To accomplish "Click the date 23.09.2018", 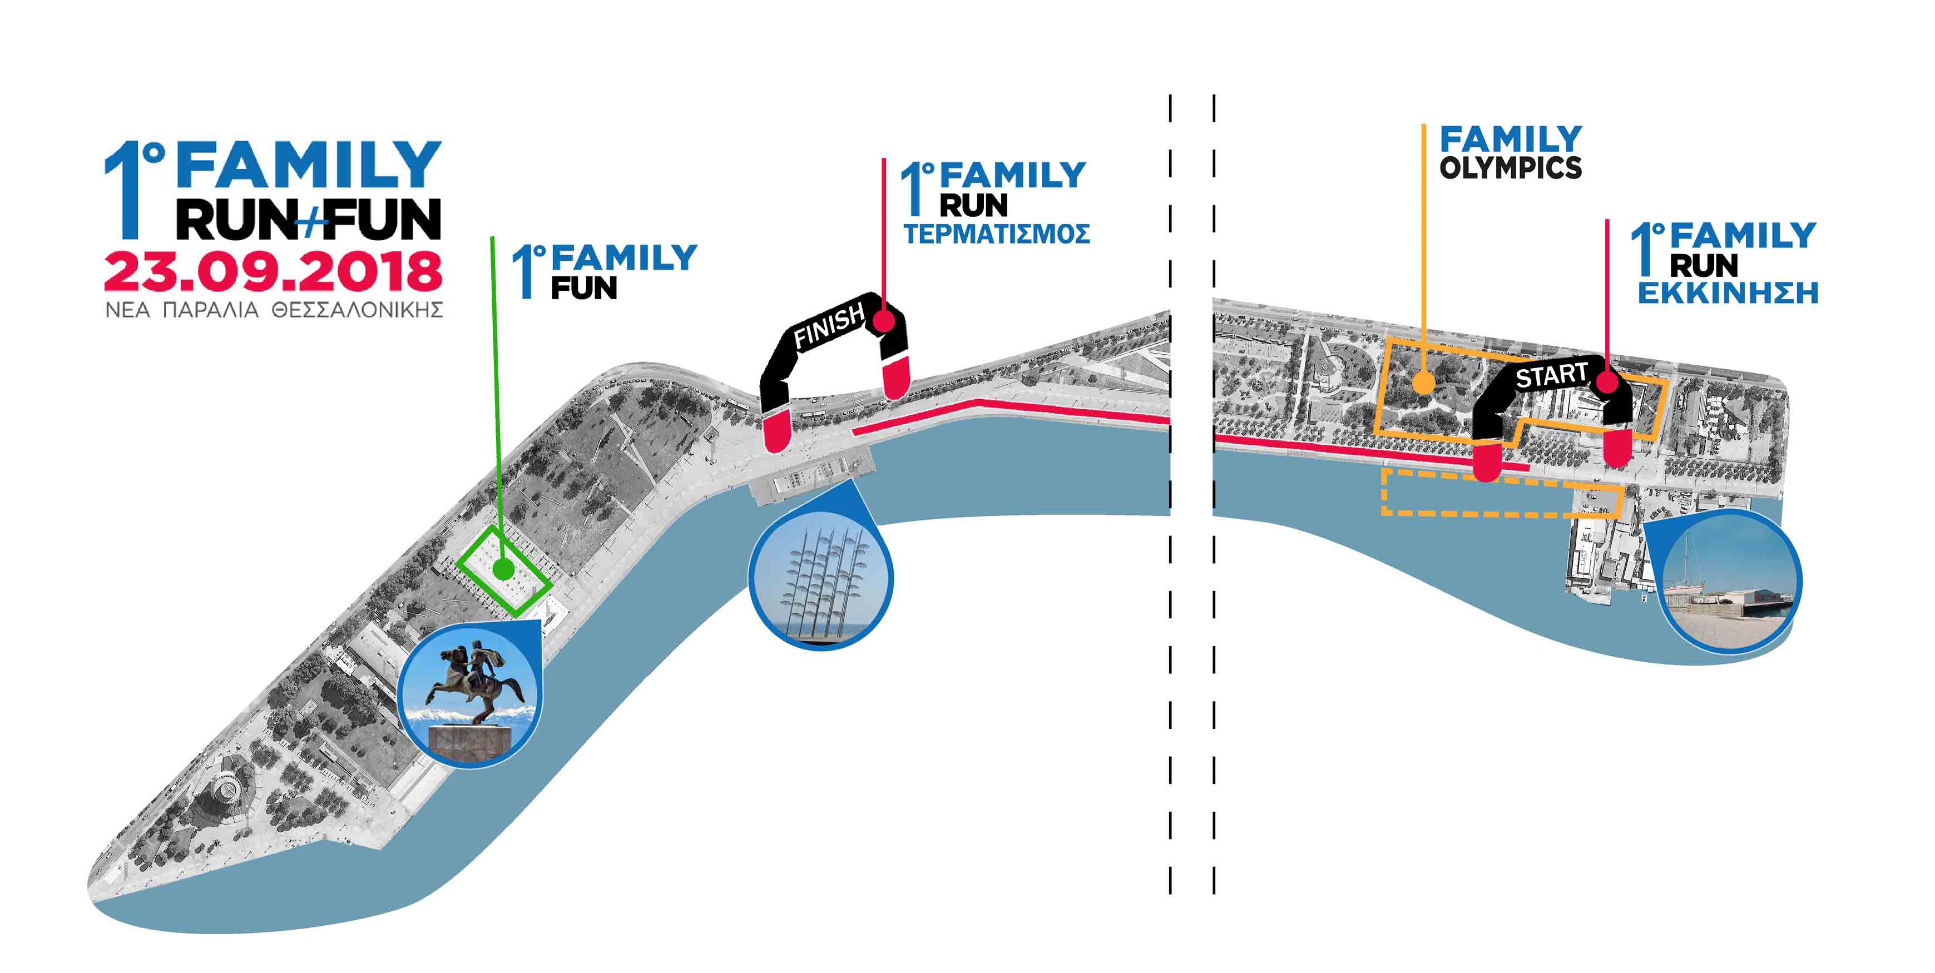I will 273,272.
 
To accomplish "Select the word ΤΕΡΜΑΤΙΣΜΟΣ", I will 997,234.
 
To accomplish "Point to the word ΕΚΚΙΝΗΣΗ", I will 1728,294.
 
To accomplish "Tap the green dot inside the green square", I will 503,570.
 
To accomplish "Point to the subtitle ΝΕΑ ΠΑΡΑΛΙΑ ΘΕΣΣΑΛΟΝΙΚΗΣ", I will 274,309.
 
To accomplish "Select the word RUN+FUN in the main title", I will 308,219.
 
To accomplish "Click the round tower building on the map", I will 222,788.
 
